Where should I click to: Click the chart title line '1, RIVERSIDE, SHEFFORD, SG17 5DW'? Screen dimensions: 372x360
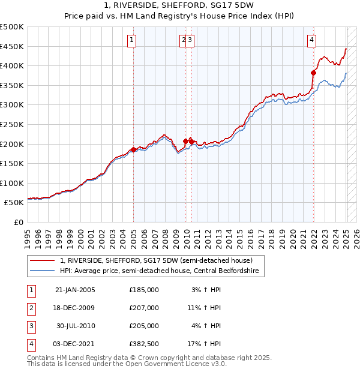pyautogui.click(x=180, y=6)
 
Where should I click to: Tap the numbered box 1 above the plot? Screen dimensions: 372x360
pyautogui.click(x=131, y=40)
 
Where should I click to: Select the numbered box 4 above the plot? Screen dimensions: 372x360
pyautogui.click(x=312, y=40)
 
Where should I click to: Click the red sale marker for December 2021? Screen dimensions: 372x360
pyautogui.click(x=313, y=73)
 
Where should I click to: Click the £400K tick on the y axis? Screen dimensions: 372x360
pyautogui.click(x=13, y=65)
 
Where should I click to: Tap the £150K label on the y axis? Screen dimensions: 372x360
pyautogui.click(x=13, y=163)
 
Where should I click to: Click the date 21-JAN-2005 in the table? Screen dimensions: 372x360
pyautogui.click(x=75, y=290)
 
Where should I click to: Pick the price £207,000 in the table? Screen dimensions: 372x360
pyautogui.click(x=143, y=308)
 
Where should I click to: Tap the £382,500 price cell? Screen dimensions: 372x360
pyautogui.click(x=143, y=344)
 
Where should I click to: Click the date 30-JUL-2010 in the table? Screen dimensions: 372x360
pyautogui.click(x=75, y=326)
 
